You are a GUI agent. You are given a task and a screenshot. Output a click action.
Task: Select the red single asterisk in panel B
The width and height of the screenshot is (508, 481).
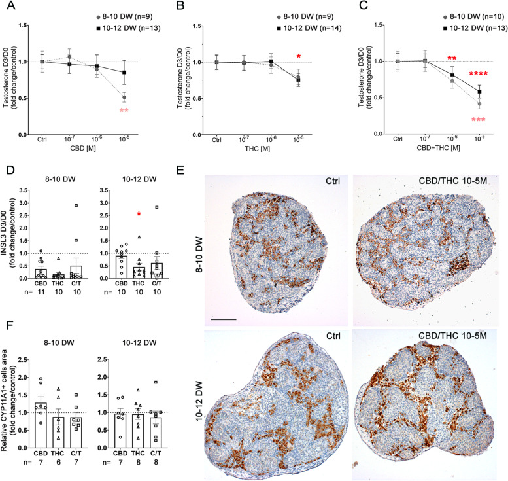(298, 56)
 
